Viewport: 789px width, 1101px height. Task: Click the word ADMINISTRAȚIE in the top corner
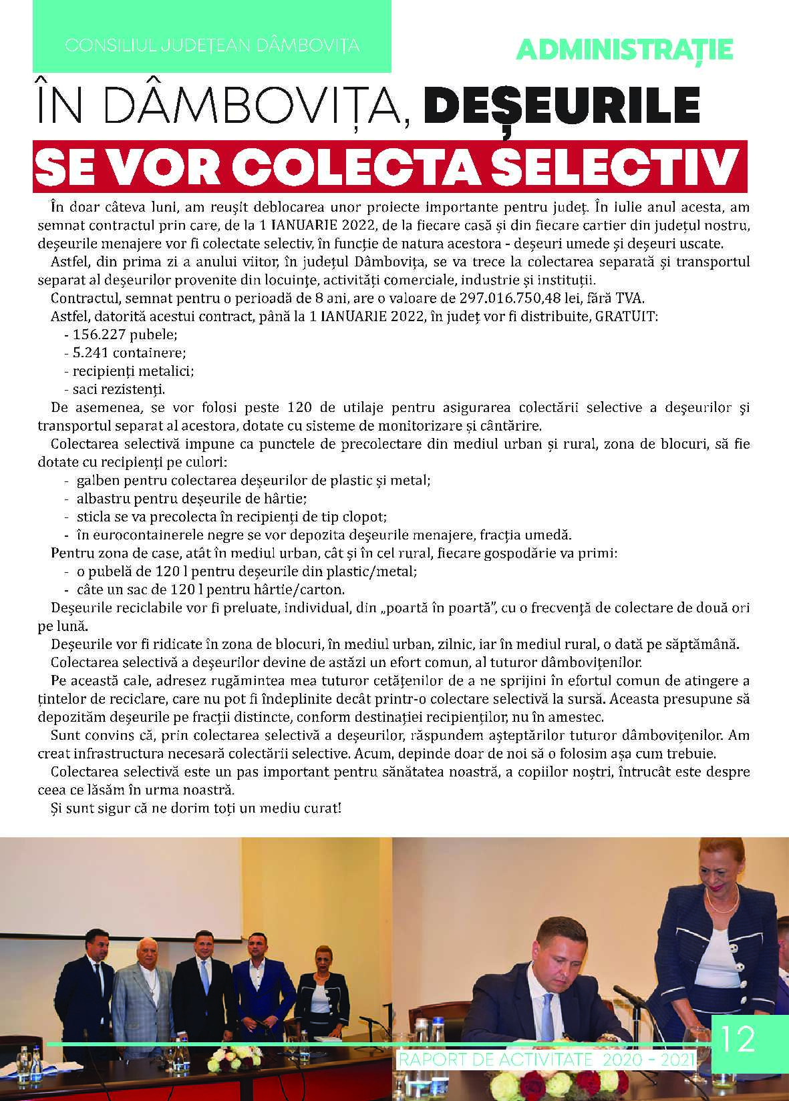click(625, 49)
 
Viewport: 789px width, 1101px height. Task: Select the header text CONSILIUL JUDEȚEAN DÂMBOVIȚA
click(212, 46)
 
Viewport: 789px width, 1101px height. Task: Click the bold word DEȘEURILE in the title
click(562, 106)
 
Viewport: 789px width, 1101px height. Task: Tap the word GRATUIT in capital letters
click(627, 316)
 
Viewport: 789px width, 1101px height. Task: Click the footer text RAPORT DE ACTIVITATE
click(494, 1060)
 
